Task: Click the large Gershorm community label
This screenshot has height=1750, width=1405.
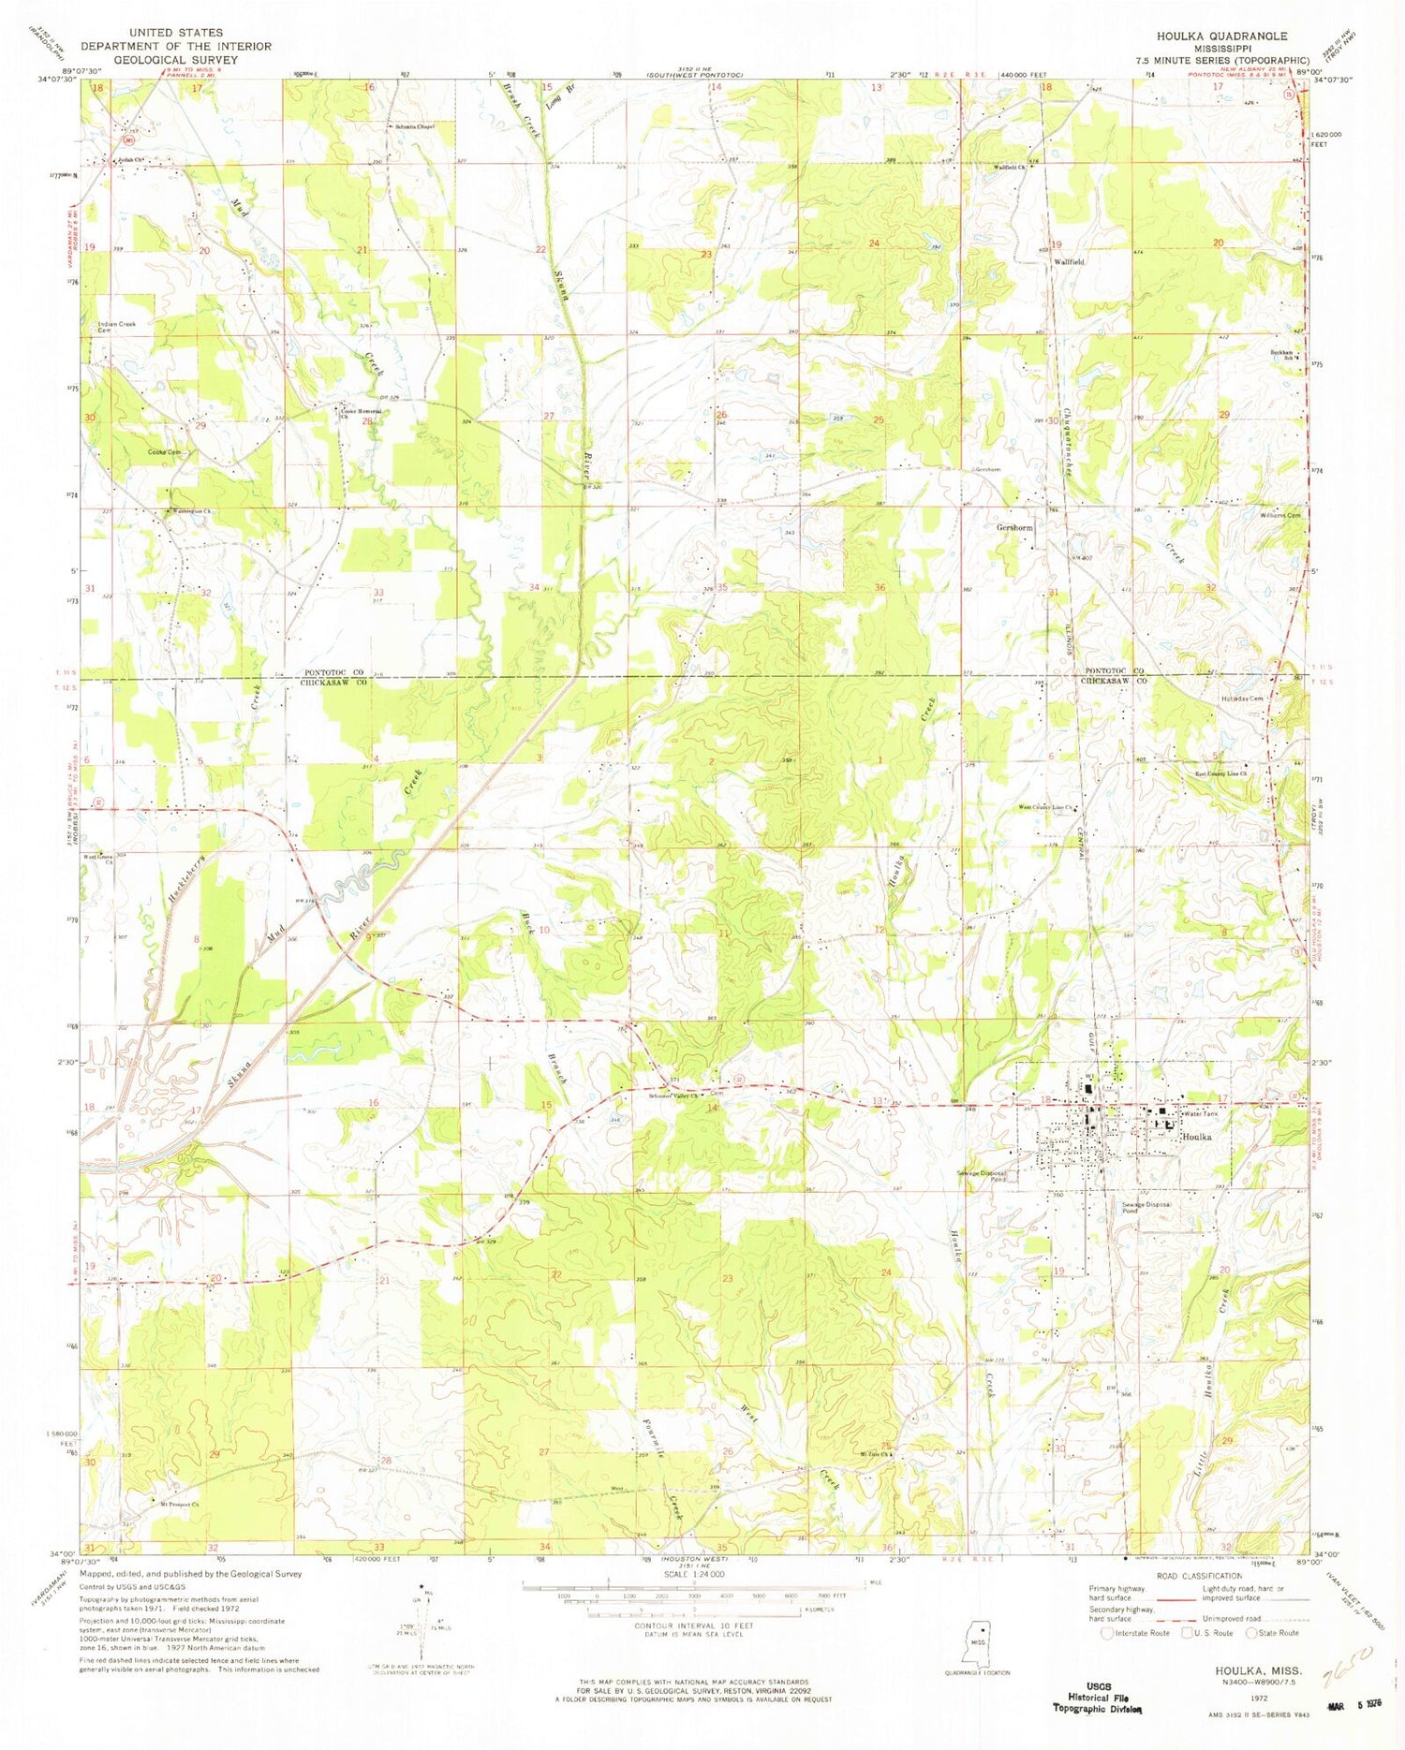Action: [1014, 528]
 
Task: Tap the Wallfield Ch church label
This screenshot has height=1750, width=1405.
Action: [1011, 168]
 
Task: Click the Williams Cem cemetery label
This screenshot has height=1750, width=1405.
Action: [1280, 516]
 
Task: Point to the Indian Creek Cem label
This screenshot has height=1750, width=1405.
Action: [117, 328]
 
